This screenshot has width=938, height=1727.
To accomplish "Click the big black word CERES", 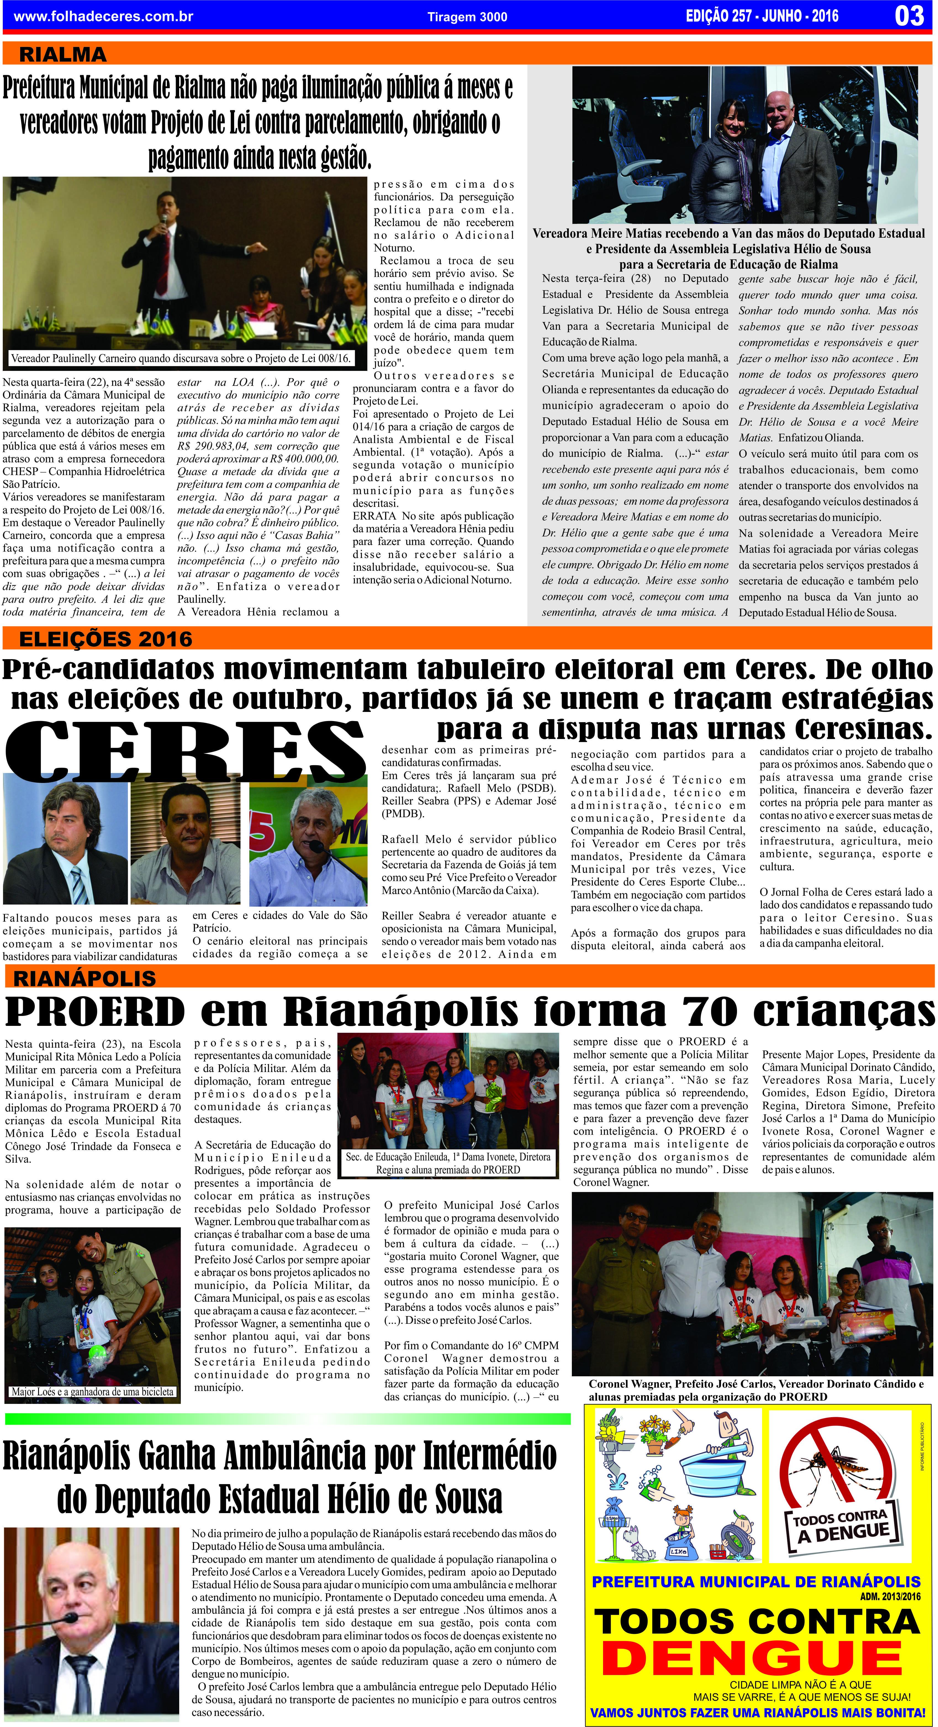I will pos(184,752).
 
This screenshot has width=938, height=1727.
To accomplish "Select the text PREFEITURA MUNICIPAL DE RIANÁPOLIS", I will pos(756,1582).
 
